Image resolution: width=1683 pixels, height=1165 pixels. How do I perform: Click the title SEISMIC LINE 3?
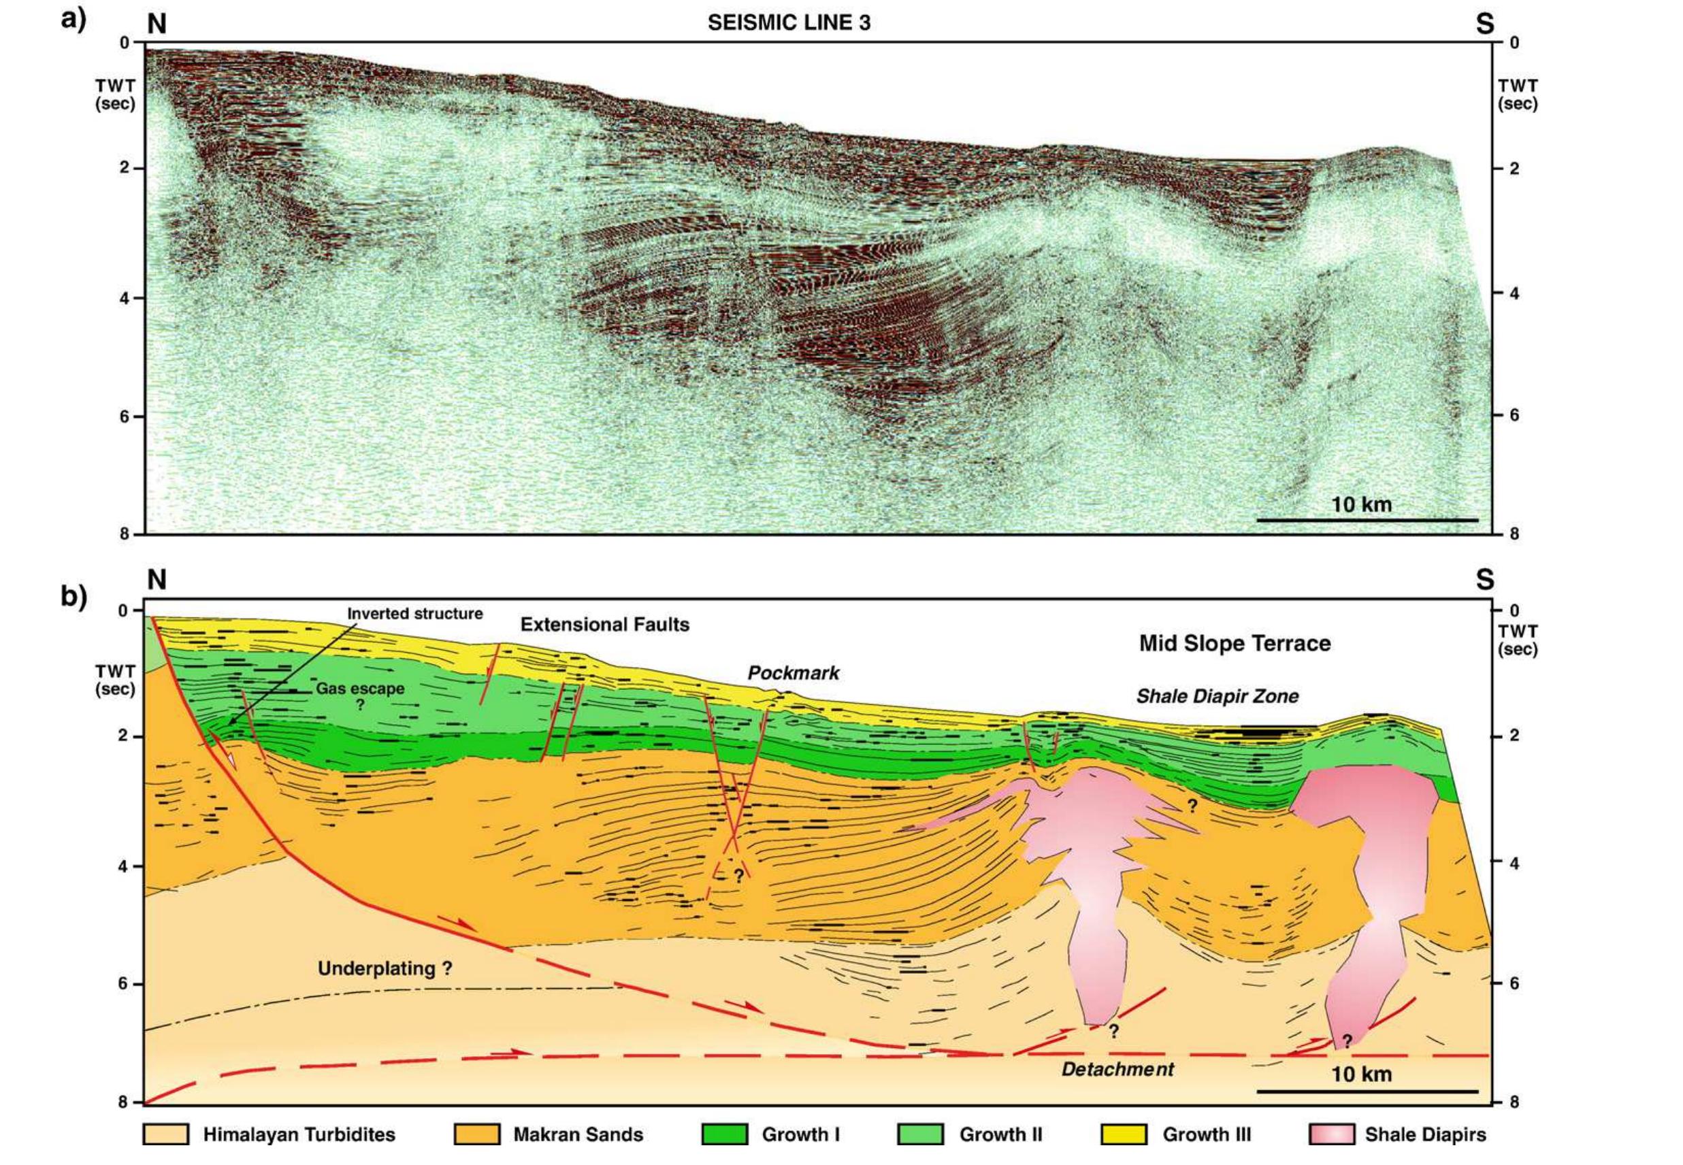pyautogui.click(x=788, y=22)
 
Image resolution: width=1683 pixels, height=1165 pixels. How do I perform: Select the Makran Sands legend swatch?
pyautogui.click(x=476, y=1154)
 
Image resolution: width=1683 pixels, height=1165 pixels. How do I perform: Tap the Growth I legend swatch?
pyautogui.click(x=725, y=1154)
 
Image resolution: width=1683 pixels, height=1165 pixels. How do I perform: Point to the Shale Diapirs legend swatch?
pyautogui.click(x=1332, y=1154)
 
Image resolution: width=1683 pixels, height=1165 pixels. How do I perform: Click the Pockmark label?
pyautogui.click(x=794, y=673)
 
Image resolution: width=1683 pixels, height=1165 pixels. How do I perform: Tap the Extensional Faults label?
pyautogui.click(x=604, y=624)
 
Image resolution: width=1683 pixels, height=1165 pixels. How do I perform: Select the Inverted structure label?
pyautogui.click(x=414, y=614)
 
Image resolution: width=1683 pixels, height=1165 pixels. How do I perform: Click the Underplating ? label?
pyautogui.click(x=385, y=968)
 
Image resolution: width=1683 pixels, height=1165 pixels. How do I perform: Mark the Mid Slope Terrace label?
pyautogui.click(x=1235, y=643)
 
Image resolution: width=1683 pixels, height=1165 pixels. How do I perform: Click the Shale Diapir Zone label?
pyautogui.click(x=1218, y=696)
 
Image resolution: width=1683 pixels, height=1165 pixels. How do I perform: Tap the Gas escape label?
pyautogui.click(x=360, y=689)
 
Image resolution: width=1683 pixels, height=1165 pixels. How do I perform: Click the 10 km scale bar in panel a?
pyautogui.click(x=1367, y=520)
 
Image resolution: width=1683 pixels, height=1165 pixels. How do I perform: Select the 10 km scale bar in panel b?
pyautogui.click(x=1367, y=1092)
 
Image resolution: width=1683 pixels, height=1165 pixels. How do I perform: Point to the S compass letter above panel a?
pyautogui.click(x=1484, y=24)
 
